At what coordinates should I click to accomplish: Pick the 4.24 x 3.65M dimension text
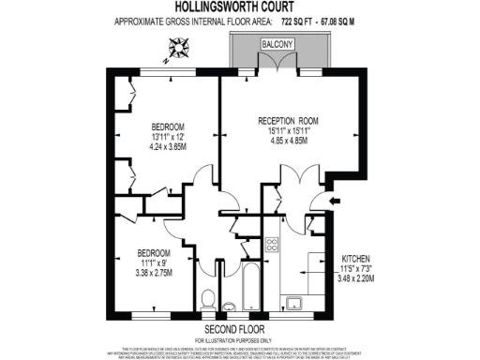coord(169,147)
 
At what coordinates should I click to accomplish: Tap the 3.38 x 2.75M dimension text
coord(156,275)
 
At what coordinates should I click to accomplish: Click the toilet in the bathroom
coord(208,300)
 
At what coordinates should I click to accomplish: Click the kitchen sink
coord(294,301)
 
